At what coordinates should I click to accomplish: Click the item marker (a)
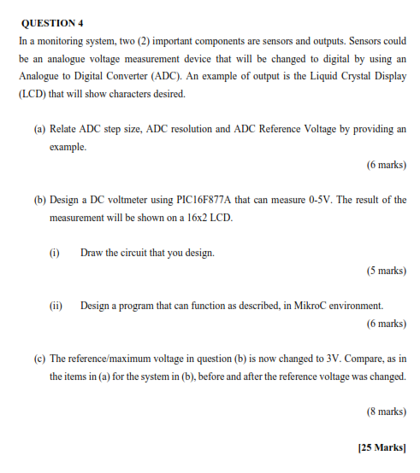39,129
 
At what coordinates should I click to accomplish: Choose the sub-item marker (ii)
56,306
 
